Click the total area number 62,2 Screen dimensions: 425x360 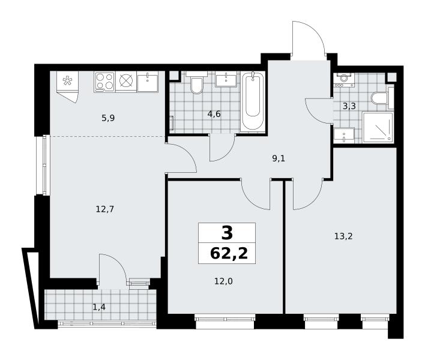click(x=229, y=254)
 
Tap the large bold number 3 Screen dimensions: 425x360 click(x=227, y=233)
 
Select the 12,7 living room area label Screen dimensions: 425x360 click(x=105, y=209)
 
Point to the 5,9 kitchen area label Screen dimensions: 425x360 click(x=108, y=118)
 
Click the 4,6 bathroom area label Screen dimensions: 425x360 click(x=214, y=115)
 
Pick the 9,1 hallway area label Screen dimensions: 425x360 click(x=279, y=158)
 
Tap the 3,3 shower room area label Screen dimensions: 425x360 click(x=349, y=106)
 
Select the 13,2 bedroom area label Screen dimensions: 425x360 click(x=343, y=236)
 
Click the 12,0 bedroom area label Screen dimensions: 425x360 click(x=223, y=282)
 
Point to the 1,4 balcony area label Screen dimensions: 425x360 click(x=99, y=307)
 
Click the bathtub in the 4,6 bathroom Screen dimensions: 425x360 click(x=253, y=101)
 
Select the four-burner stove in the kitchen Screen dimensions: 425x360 click(x=104, y=82)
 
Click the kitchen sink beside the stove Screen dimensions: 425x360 click(x=148, y=82)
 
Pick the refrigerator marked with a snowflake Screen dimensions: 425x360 click(x=67, y=86)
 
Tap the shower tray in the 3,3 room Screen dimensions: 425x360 click(x=378, y=127)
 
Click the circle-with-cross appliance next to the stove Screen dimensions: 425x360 click(x=126, y=81)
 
